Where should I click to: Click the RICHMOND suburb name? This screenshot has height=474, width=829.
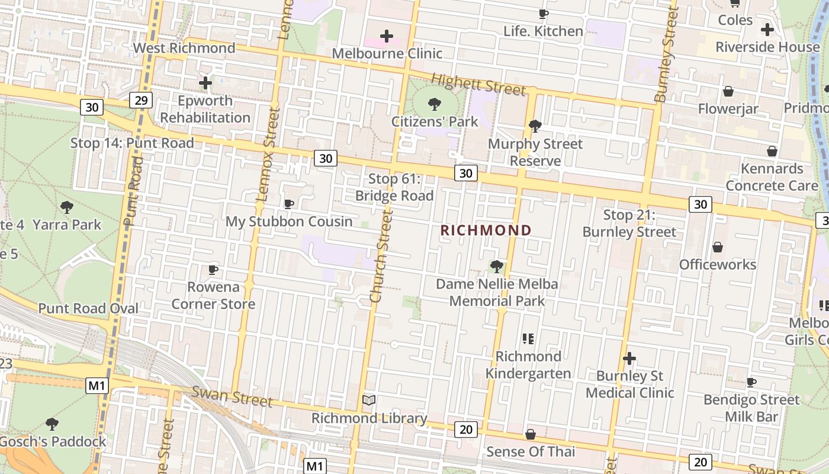pyautogui.click(x=486, y=230)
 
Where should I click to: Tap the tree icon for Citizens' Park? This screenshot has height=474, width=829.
pyautogui.click(x=435, y=104)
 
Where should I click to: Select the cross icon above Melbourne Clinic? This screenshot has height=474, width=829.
pyautogui.click(x=387, y=36)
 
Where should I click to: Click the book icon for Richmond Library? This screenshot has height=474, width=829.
pyautogui.click(x=369, y=401)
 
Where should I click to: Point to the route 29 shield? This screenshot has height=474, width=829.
pyautogui.click(x=141, y=100)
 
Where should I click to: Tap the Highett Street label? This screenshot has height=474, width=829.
pyautogui.click(x=478, y=84)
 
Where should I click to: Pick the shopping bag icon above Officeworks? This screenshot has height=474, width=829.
pyautogui.click(x=717, y=246)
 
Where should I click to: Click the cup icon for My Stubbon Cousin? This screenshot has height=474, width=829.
pyautogui.click(x=289, y=204)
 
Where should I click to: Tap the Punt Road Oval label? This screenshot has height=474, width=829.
pyautogui.click(x=88, y=308)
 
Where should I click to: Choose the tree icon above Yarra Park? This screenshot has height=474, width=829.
pyautogui.click(x=67, y=207)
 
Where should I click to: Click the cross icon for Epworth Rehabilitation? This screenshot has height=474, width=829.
pyautogui.click(x=205, y=83)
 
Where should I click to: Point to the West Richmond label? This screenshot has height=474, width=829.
pyautogui.click(x=184, y=48)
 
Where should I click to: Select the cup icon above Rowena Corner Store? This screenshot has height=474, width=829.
pyautogui.click(x=213, y=270)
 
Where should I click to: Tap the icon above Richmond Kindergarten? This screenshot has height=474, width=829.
pyautogui.click(x=528, y=339)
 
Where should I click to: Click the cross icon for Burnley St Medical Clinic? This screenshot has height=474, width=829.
pyautogui.click(x=629, y=358)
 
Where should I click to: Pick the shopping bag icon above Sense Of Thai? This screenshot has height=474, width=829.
pyautogui.click(x=531, y=434)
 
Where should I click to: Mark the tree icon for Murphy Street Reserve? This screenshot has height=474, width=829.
pyautogui.click(x=535, y=126)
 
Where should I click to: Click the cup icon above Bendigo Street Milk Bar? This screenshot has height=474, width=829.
pyautogui.click(x=751, y=382)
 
